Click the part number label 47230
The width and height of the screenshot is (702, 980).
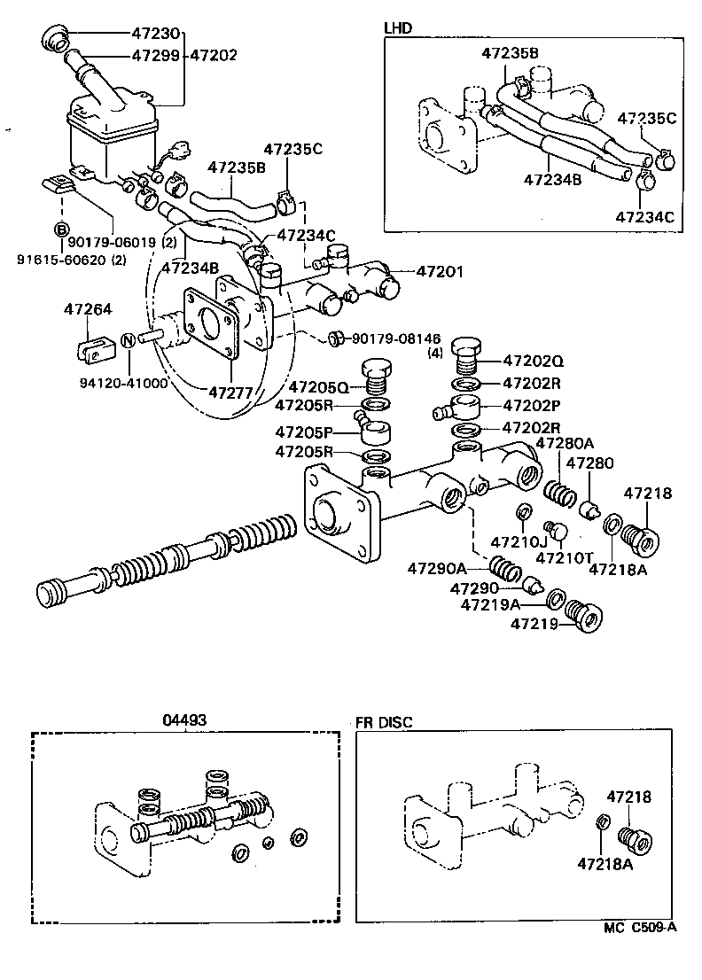point(155,35)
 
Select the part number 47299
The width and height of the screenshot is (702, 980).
point(155,55)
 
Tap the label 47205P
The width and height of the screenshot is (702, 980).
point(305,432)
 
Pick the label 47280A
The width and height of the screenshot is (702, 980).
point(565,443)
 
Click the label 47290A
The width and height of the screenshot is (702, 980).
point(436,567)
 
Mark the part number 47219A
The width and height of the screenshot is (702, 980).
point(490,605)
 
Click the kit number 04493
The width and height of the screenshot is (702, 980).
point(184,720)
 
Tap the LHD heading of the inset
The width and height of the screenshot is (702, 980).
point(398,27)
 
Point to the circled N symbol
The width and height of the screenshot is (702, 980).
point(127,339)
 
